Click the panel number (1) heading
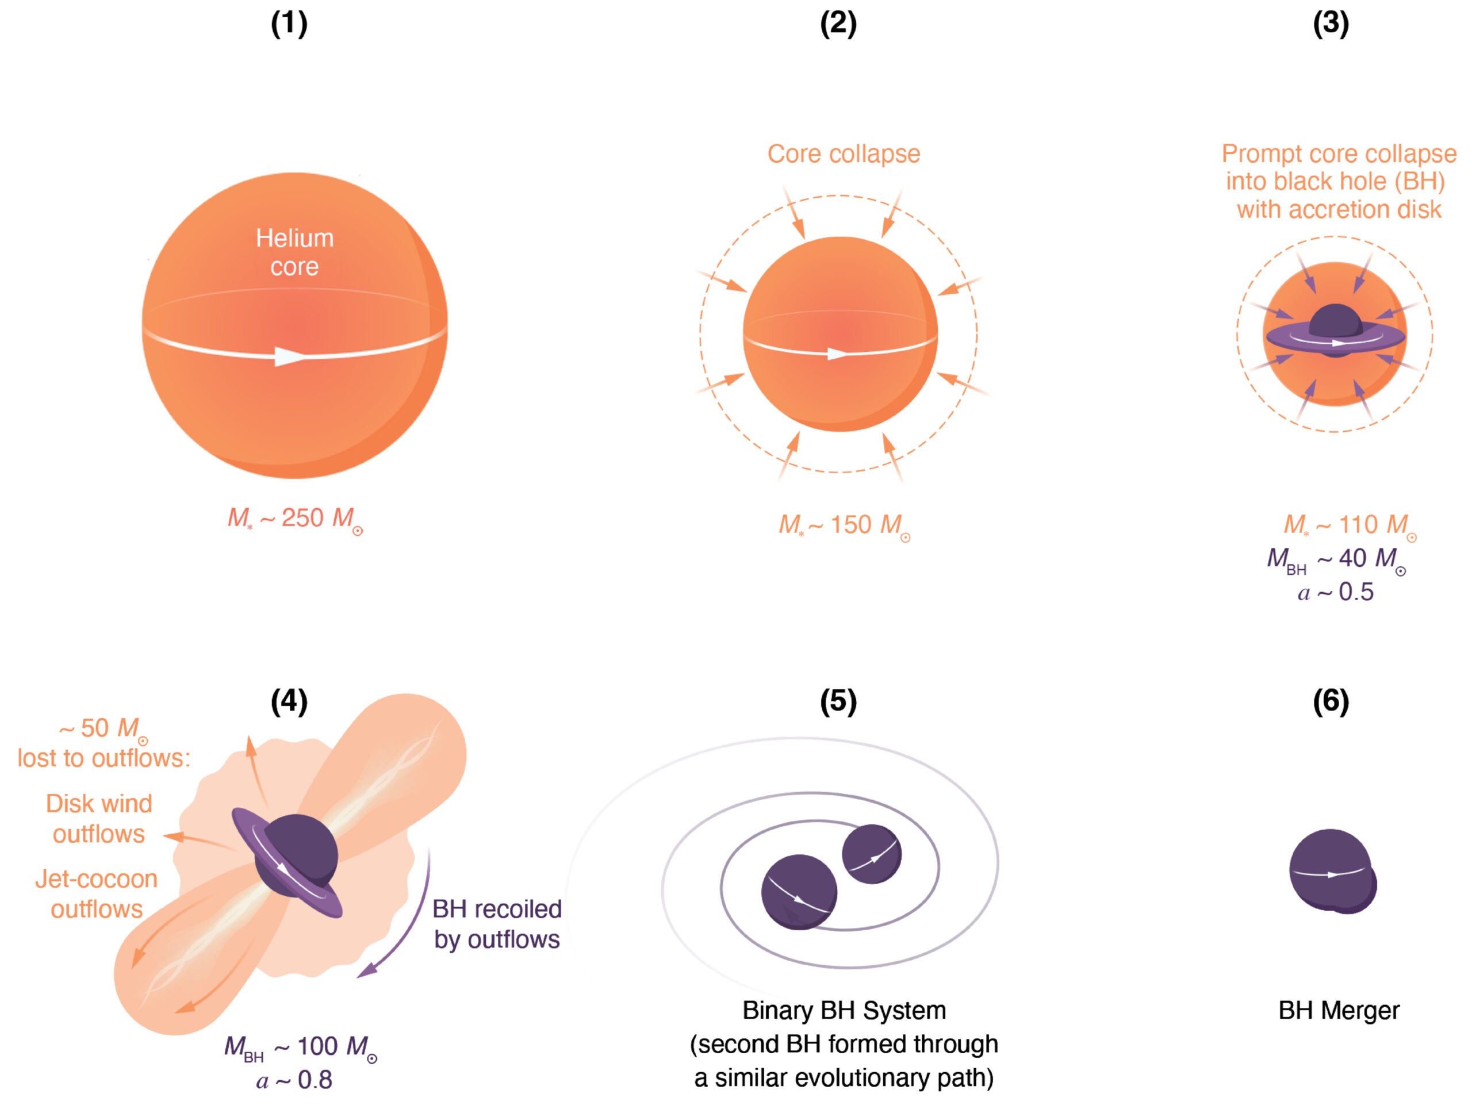[289, 24]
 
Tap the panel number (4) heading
[289, 701]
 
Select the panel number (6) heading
[1330, 701]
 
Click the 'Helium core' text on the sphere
[295, 252]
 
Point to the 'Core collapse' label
[843, 154]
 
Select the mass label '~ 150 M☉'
[844, 525]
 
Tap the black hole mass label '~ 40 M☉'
[1336, 559]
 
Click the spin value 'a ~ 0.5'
[1335, 592]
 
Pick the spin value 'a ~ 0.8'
[294, 1080]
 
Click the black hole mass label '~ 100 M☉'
[300, 1047]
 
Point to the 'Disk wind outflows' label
[98, 818]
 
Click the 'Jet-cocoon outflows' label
[97, 893]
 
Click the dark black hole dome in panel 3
[1334, 321]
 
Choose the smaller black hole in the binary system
[871, 854]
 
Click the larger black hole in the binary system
[799, 892]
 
